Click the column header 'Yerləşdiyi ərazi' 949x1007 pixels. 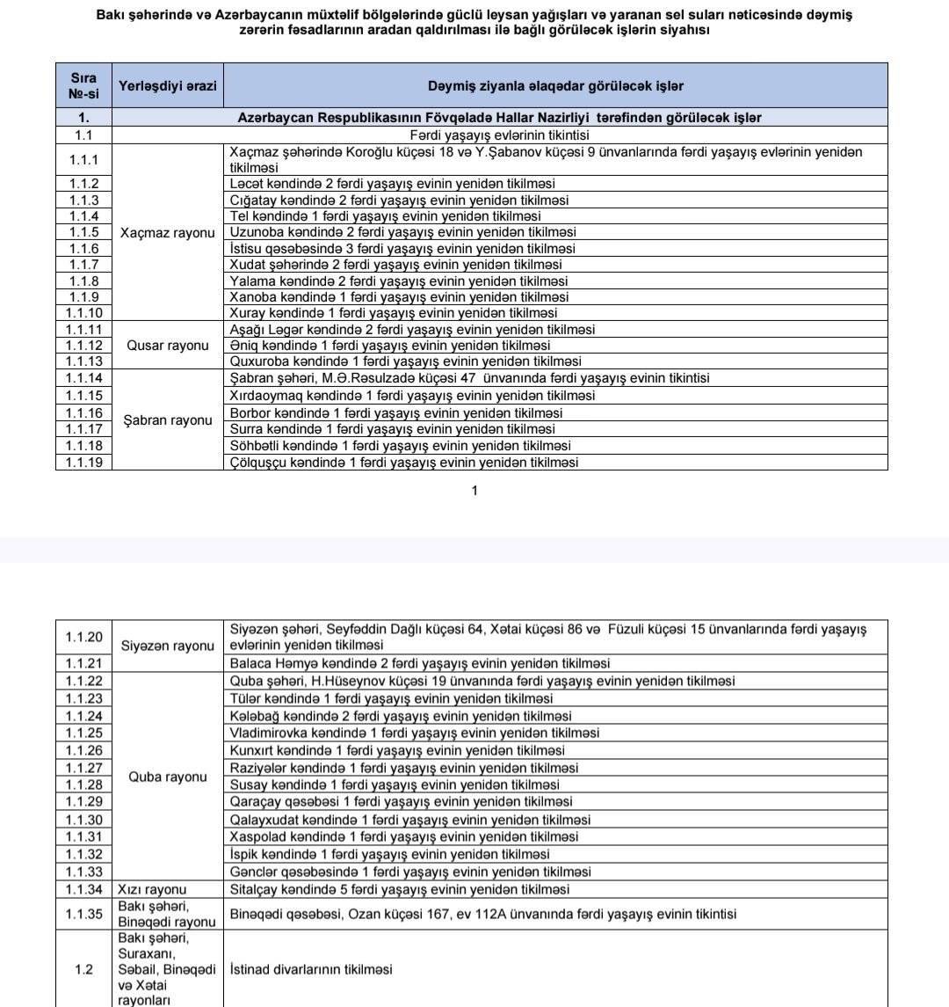point(167,86)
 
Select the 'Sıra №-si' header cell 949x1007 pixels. point(83,86)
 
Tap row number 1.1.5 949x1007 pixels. point(83,232)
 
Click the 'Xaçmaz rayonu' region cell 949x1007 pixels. point(167,233)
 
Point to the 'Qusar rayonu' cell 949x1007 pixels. point(167,346)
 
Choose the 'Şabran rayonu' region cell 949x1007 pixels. point(167,420)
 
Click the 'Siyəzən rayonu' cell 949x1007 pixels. point(167,646)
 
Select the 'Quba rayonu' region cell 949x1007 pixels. point(167,777)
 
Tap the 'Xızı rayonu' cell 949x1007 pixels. point(153,889)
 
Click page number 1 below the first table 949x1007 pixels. point(474,491)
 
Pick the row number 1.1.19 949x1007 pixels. point(83,463)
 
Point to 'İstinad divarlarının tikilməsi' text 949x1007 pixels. point(311,969)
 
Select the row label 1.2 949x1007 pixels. point(83,969)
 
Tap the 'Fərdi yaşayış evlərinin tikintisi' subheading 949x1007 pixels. point(499,135)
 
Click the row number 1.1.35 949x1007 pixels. point(83,914)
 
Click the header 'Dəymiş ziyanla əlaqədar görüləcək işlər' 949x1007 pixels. point(555,86)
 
